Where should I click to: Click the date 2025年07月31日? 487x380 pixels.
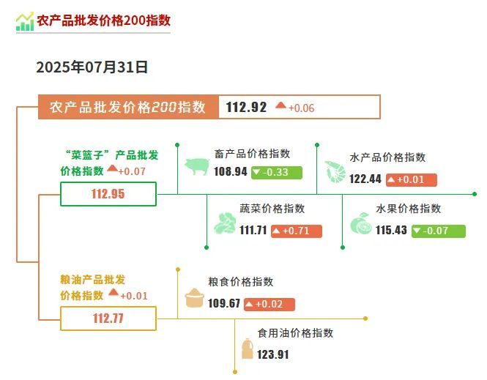[x=92, y=67]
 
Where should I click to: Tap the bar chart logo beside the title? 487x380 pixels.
[x=25, y=21]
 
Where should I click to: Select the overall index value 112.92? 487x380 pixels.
[x=246, y=108]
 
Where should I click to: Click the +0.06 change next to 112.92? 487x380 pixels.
[x=301, y=108]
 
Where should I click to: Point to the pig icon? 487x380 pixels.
[x=197, y=166]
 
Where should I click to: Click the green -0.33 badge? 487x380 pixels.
[x=276, y=173]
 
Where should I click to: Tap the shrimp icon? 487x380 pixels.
[x=335, y=171]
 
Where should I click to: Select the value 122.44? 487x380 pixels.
[x=365, y=179]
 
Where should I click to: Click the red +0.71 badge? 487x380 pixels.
[x=297, y=231]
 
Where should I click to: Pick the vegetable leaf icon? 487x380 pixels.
[x=225, y=223]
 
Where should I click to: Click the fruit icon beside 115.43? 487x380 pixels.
[x=361, y=223]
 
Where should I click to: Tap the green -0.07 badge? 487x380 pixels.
[x=438, y=231]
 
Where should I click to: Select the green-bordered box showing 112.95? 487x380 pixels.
[x=108, y=194]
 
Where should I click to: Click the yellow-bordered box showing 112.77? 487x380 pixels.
[x=108, y=318]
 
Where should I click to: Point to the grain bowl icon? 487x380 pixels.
[x=194, y=298]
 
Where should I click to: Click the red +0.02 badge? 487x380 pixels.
[x=269, y=305]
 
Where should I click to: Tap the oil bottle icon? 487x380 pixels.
[x=248, y=349]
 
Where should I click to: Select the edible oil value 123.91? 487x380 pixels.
[x=272, y=354]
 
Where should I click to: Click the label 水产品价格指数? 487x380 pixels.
[x=387, y=157]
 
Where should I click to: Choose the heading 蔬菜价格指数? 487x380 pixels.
[x=272, y=209]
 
